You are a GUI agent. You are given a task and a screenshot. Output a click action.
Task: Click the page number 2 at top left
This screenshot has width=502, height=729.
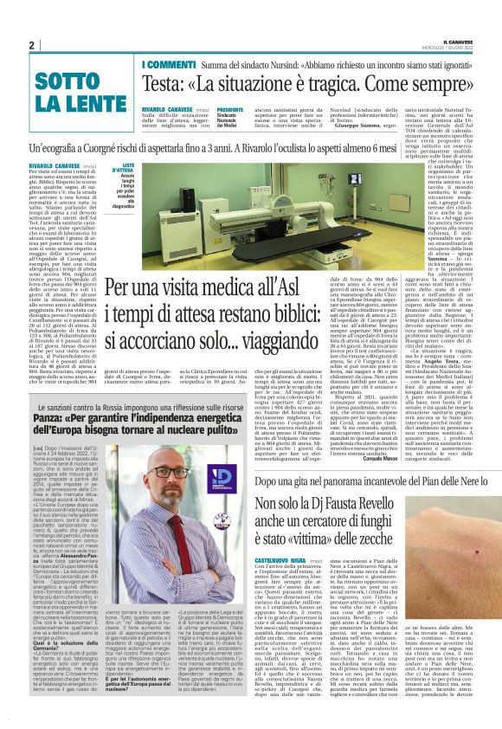pos(31,45)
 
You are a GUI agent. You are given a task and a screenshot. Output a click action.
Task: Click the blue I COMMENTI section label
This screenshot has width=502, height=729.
pos(170,66)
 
